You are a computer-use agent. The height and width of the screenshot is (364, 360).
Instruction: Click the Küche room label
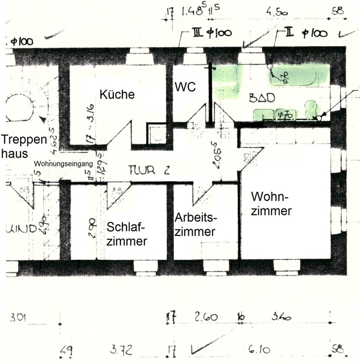(117, 94)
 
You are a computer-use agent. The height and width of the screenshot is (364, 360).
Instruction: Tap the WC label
(185, 86)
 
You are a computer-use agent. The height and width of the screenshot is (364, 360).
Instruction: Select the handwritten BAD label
(261, 98)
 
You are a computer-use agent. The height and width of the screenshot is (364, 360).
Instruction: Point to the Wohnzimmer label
(271, 204)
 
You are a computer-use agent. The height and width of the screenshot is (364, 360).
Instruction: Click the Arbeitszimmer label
(196, 224)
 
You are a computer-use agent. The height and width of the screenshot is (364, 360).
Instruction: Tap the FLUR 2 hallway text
(148, 170)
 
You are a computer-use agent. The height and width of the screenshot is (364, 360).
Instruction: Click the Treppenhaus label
(23, 146)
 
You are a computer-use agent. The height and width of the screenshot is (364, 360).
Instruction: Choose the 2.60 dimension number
(206, 317)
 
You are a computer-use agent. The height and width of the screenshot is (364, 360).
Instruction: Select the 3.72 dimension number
(121, 350)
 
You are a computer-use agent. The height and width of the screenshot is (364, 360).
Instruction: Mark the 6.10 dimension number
(259, 350)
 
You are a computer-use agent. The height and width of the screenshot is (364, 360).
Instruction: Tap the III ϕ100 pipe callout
(212, 33)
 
